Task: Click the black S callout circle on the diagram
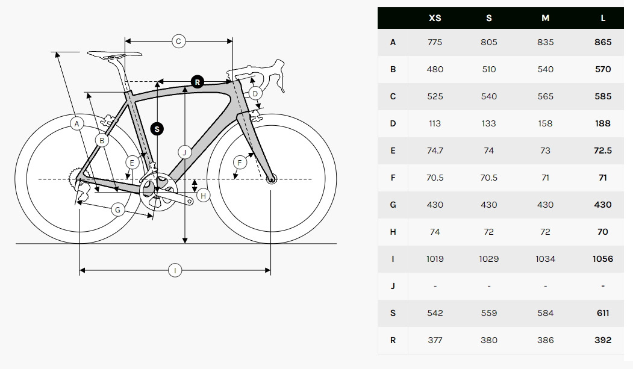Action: (x=157, y=129)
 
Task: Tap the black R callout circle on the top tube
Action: (x=198, y=82)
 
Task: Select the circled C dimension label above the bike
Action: (x=178, y=41)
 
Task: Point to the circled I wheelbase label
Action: (x=175, y=270)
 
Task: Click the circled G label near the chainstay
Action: (x=118, y=209)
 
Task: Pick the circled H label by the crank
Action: (x=203, y=196)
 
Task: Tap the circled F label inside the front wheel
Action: (x=240, y=163)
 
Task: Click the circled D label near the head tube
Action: (x=255, y=93)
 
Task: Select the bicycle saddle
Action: (x=114, y=55)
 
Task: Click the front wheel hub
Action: (x=271, y=179)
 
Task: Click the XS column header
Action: (x=435, y=18)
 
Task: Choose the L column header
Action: (x=603, y=18)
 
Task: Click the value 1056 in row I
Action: (x=603, y=259)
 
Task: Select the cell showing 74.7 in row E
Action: (x=435, y=150)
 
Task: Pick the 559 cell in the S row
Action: (x=489, y=313)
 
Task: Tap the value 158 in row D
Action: (x=545, y=123)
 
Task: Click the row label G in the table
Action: (x=393, y=205)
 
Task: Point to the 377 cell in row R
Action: (x=435, y=340)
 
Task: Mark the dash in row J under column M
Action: (x=545, y=286)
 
